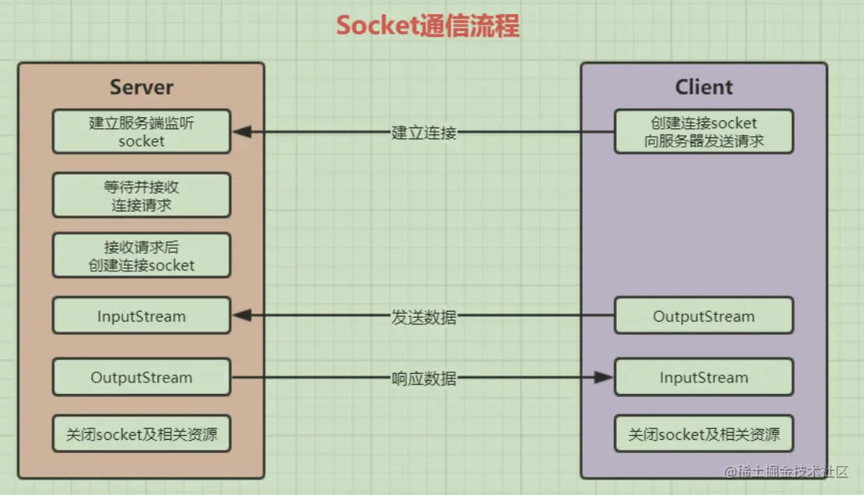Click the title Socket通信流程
point(427,26)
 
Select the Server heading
point(141,86)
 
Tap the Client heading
point(703,86)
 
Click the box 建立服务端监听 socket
point(141,131)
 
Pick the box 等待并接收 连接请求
point(141,195)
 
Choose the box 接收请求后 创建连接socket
point(141,255)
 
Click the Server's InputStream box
point(141,316)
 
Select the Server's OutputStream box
point(141,378)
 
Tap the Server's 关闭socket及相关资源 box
point(141,434)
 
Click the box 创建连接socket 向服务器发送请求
point(703,131)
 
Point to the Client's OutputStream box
point(703,316)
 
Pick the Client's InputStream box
point(703,378)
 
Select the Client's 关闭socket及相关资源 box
point(703,434)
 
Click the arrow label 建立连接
point(423,132)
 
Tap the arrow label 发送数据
point(423,316)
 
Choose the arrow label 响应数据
point(423,378)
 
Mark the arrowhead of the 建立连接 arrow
point(242,132)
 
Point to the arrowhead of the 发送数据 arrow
point(242,315)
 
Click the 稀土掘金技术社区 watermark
point(793,472)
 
